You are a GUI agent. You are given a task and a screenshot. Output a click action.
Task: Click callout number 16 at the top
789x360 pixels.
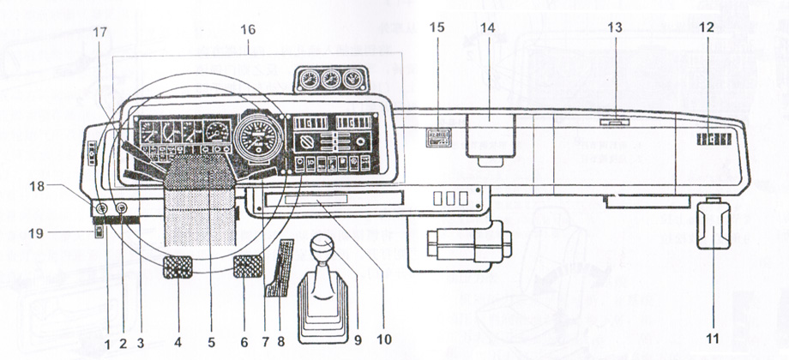pos(248,29)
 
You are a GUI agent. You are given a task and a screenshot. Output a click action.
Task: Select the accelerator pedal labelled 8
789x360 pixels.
pos(280,269)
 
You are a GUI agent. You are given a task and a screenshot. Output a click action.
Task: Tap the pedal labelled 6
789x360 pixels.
pos(247,266)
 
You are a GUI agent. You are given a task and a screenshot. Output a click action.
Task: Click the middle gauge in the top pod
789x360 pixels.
pos(328,81)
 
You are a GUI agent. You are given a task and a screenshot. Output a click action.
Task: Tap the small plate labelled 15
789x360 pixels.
pos(440,138)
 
